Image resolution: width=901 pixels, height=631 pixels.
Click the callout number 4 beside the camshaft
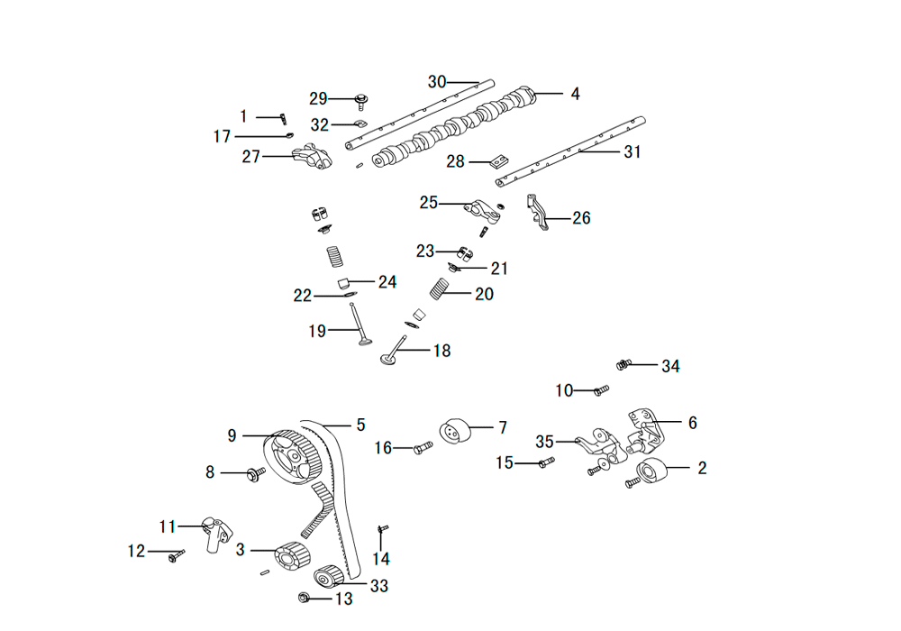point(575,94)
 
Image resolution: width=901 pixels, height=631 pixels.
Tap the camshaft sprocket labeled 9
point(292,457)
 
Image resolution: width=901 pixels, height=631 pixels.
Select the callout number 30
point(437,82)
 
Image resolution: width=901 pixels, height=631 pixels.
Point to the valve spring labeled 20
point(439,288)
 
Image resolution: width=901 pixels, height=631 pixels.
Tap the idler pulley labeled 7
point(455,431)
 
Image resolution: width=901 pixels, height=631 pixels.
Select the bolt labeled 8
point(256,474)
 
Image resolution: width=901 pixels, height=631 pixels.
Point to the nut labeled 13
point(305,598)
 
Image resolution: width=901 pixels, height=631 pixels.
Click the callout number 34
point(670,366)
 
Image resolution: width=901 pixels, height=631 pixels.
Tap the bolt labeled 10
point(601,390)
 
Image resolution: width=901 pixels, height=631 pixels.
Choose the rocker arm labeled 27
point(312,158)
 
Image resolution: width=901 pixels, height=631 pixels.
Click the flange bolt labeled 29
point(361,102)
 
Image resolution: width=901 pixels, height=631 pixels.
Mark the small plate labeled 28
point(498,162)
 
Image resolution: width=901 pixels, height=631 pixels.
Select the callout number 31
point(633,151)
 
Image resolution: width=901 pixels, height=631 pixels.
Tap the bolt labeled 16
point(423,446)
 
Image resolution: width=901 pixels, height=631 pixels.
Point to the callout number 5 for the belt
point(361,425)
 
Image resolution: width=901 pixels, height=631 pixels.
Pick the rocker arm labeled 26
point(537,213)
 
